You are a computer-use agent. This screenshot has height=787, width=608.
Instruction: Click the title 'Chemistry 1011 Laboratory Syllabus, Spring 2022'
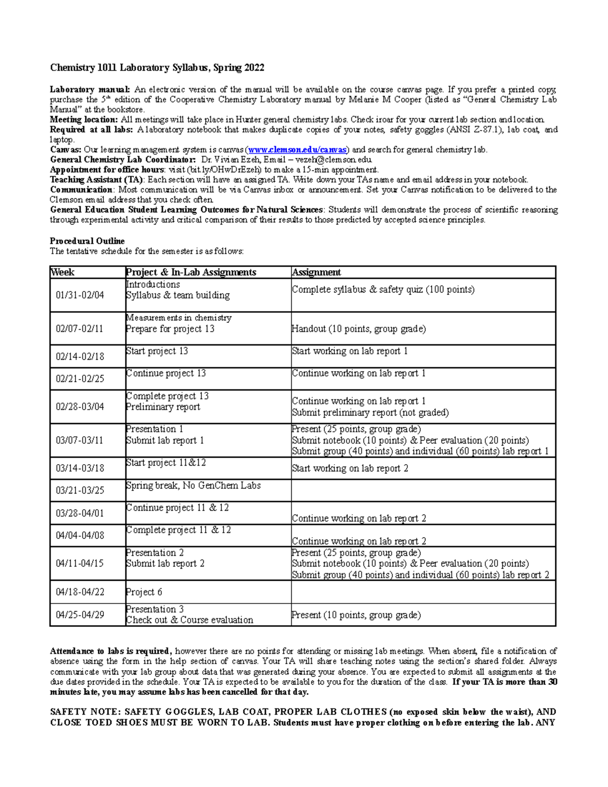tap(157, 68)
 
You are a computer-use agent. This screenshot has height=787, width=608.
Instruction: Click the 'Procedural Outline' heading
tap(87, 241)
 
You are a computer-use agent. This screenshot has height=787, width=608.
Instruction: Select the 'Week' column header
tap(63, 272)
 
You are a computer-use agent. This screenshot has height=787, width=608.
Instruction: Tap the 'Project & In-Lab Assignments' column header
tap(191, 272)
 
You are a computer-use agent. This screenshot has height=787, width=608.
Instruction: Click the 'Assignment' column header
tap(316, 272)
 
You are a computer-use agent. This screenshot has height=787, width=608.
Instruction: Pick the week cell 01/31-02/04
tap(80, 295)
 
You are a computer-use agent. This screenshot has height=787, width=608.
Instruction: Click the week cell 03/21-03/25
tap(80, 491)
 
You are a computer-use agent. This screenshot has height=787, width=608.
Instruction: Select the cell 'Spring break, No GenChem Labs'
tap(193, 485)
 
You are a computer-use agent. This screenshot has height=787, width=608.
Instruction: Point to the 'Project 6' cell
tap(144, 592)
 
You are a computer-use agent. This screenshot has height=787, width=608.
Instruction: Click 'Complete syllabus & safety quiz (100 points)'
tap(383, 289)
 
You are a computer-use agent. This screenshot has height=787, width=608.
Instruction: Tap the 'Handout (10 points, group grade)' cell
tap(359, 329)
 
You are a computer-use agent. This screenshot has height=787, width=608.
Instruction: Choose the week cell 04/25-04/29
tap(80, 615)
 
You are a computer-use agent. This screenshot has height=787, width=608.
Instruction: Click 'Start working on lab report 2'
tap(350, 468)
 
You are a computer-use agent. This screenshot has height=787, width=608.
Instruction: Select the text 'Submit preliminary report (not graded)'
tap(370, 413)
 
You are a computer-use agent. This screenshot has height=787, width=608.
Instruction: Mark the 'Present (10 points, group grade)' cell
tap(356, 615)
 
